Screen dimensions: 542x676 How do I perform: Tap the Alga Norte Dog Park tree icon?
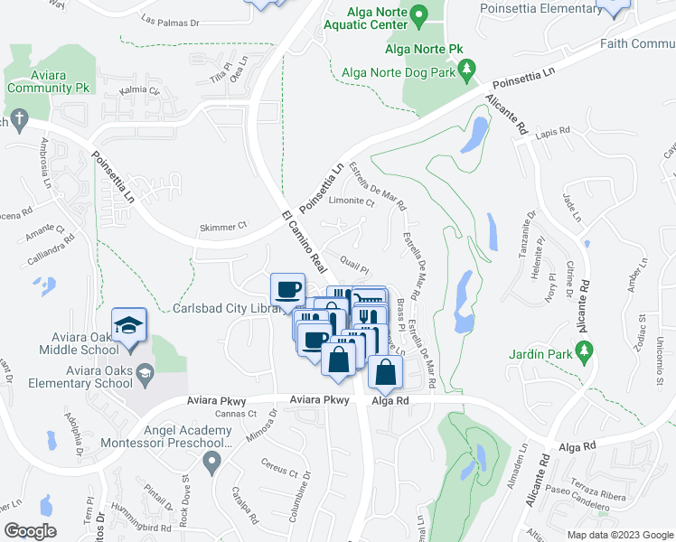click(467, 69)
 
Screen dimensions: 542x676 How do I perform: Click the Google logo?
click(31, 531)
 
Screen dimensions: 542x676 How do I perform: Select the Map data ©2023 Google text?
click(619, 535)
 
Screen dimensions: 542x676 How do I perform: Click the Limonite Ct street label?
click(352, 202)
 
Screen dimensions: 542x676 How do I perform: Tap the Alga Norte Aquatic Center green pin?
click(418, 16)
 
